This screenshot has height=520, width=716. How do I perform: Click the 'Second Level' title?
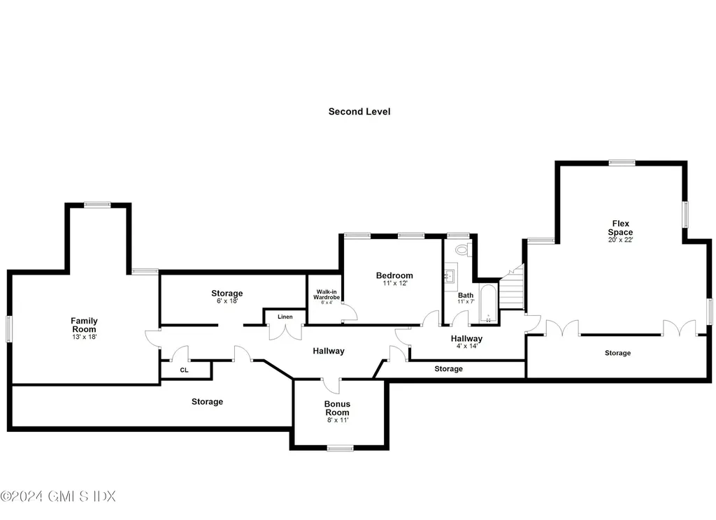coord(359,111)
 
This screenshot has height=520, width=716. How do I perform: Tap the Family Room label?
coord(84,325)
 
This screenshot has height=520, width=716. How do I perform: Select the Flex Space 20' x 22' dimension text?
coord(621,240)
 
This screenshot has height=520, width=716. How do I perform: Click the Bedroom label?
coord(394,275)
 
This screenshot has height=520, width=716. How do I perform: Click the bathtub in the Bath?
coord(488,303)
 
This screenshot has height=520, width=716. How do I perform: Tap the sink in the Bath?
coord(450,276)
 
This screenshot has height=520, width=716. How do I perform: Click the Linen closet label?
coord(285,317)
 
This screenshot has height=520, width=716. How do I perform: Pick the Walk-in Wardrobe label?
coord(327,294)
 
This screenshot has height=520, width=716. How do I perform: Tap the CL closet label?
coord(184,370)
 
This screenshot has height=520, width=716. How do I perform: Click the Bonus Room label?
coord(337,408)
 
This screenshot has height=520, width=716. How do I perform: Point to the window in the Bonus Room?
coord(341,448)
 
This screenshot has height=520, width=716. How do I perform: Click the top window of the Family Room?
coord(97,205)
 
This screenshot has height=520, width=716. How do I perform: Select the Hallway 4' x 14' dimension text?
coord(466,346)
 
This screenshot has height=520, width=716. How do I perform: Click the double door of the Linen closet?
coord(285,331)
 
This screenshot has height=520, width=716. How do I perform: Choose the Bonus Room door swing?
coord(331,387)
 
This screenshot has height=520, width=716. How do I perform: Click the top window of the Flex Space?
coord(622,163)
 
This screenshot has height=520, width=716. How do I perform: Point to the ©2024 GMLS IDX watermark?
coord(58,496)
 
